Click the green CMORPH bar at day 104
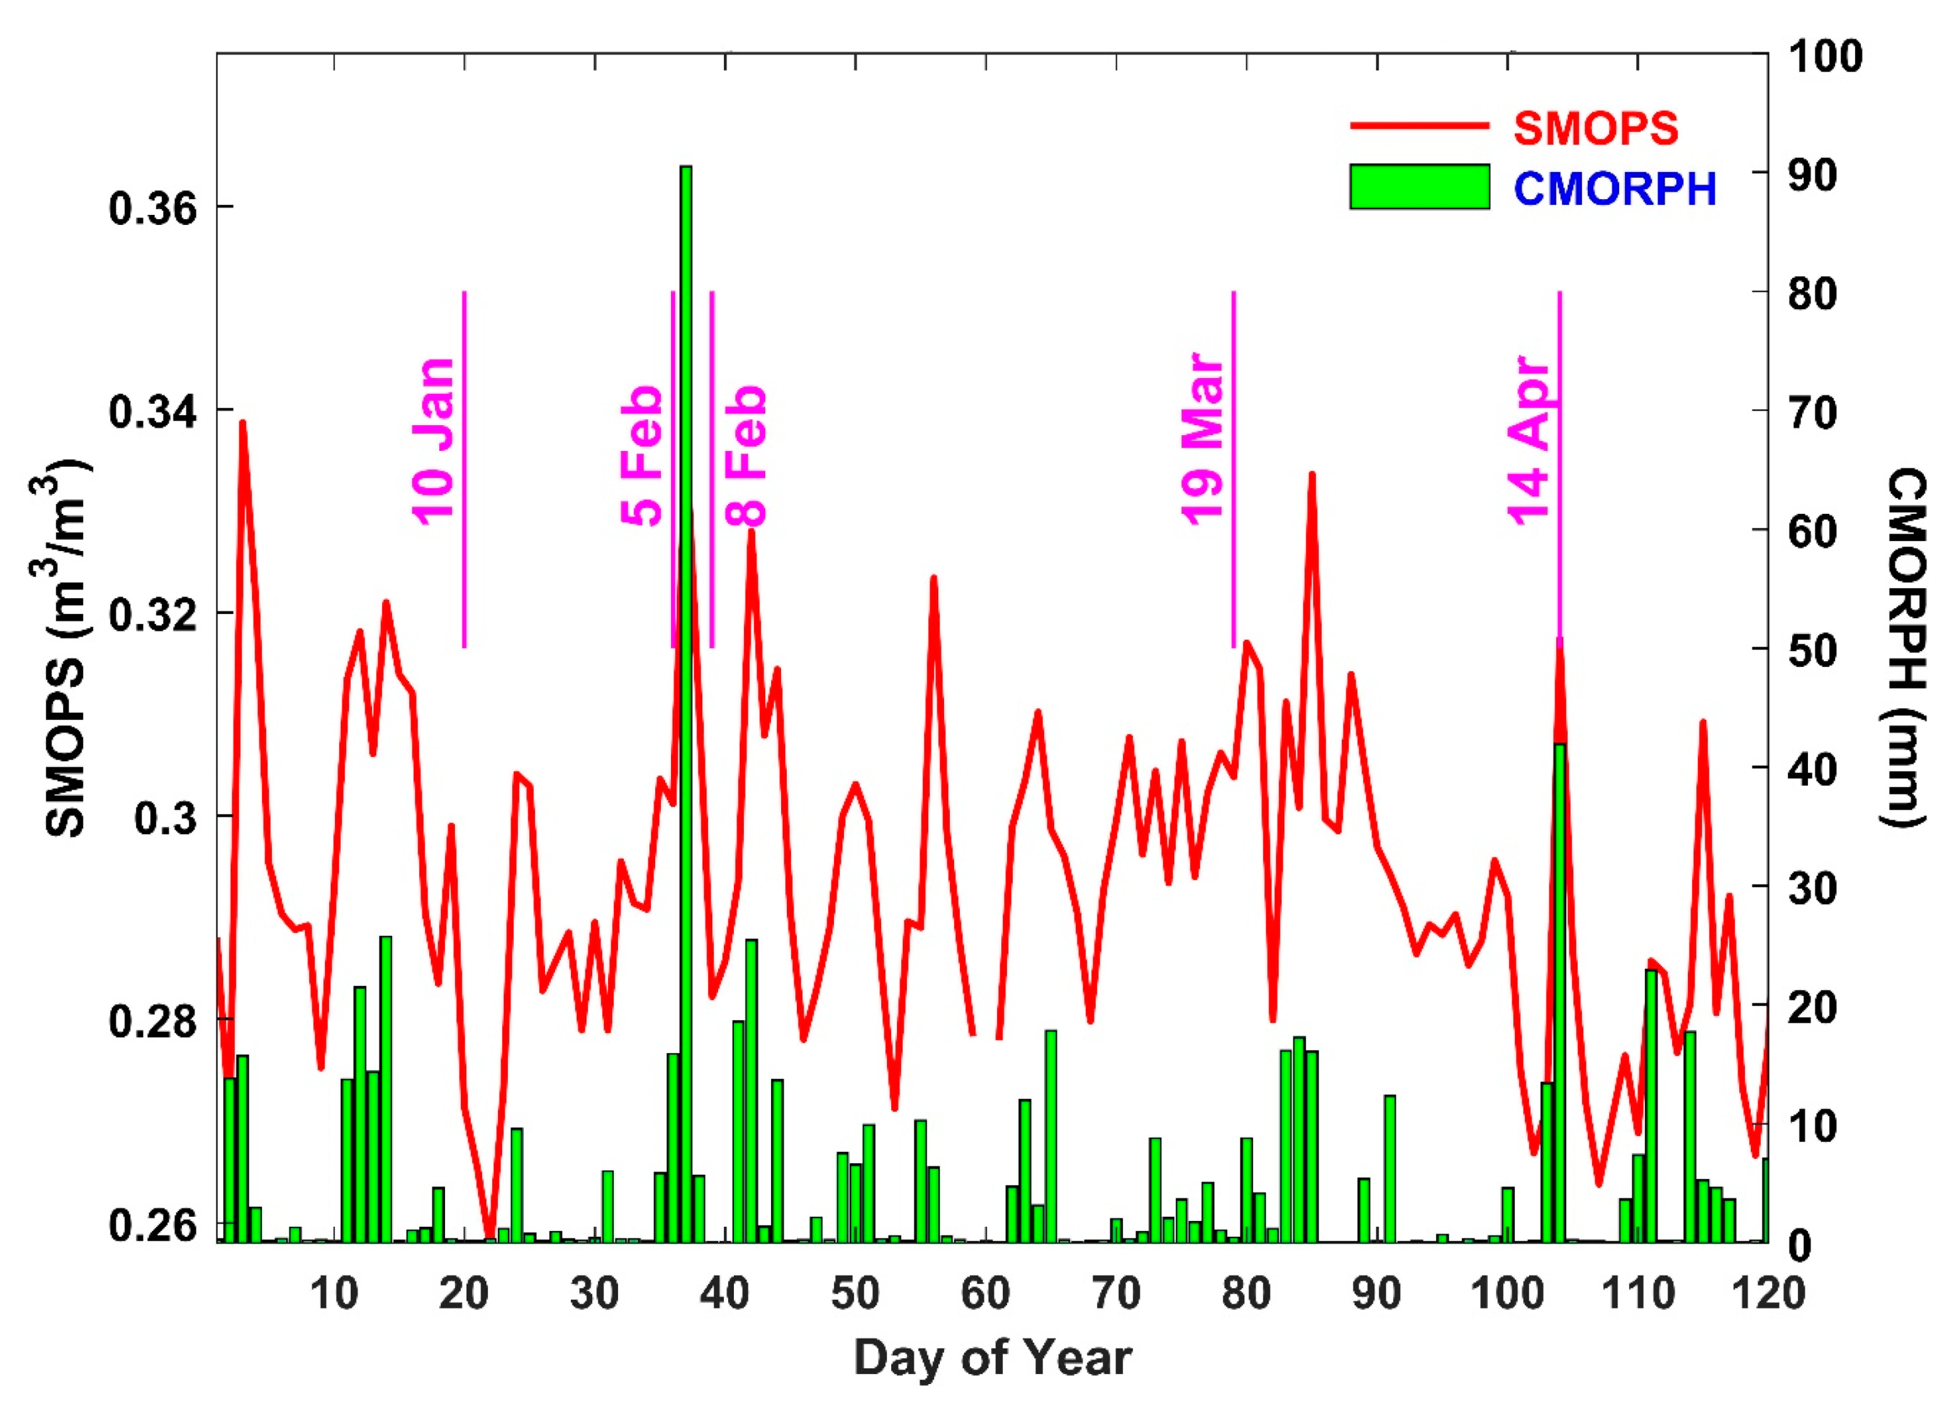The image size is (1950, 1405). (x=1559, y=989)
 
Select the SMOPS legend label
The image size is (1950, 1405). (x=1595, y=128)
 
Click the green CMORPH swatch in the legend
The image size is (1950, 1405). (x=1419, y=186)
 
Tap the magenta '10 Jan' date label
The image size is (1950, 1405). (x=434, y=440)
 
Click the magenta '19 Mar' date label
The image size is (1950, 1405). (x=1202, y=439)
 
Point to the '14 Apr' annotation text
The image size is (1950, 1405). (x=1529, y=439)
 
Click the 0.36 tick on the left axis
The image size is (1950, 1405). (x=152, y=208)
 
